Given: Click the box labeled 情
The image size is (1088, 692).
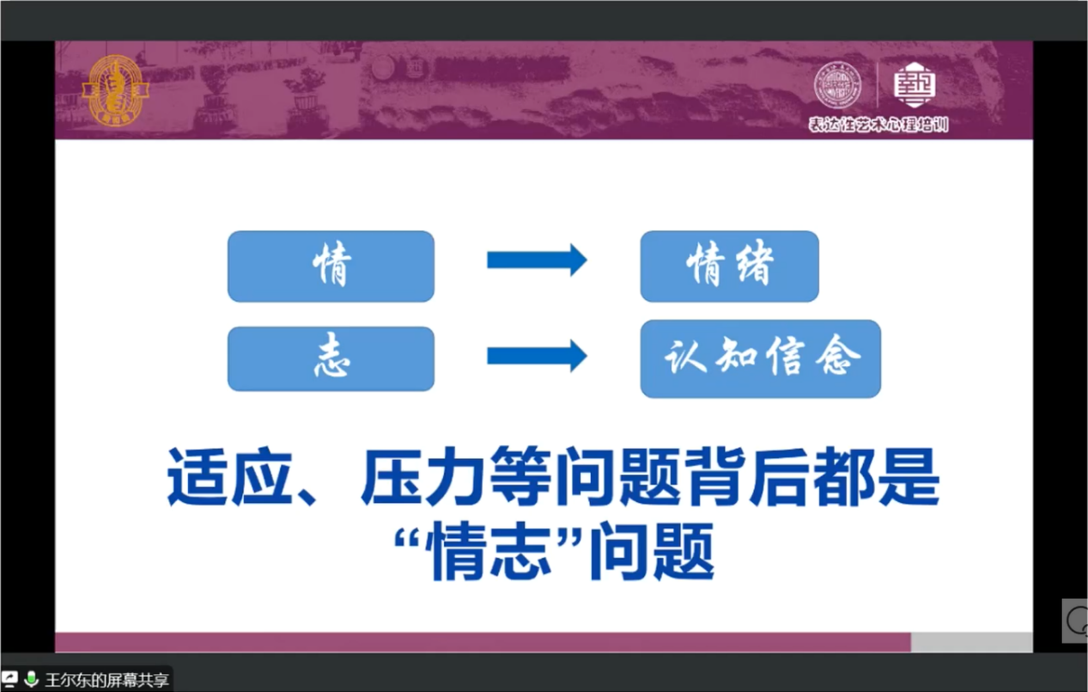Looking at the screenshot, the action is click(331, 266).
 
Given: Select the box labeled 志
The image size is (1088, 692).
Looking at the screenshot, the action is click(331, 358).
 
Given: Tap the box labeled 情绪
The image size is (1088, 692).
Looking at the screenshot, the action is click(730, 266).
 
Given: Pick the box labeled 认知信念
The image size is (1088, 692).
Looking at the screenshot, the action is click(761, 358).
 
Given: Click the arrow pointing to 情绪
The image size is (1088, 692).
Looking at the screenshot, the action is click(538, 260).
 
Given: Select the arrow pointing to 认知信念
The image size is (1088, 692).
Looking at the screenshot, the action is click(538, 356).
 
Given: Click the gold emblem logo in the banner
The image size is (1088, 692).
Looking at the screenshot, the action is click(115, 90).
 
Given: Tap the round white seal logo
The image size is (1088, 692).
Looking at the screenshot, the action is click(837, 85).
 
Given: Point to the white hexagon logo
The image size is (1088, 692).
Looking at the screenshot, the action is click(915, 85).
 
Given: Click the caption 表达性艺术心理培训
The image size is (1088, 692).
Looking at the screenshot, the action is click(878, 125).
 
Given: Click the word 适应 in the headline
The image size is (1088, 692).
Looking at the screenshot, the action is click(229, 477).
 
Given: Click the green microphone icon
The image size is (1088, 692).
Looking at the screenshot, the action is click(32, 679).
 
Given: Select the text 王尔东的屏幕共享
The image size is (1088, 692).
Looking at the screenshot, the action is click(106, 679).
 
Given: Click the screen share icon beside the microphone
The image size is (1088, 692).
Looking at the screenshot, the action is click(9, 679).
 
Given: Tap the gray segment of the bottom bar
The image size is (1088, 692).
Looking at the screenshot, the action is click(971, 642).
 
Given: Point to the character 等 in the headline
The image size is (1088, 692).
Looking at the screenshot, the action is click(520, 477).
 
